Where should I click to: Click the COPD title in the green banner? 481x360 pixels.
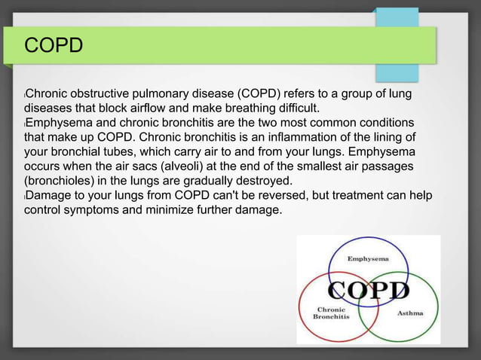tap(53, 47)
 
